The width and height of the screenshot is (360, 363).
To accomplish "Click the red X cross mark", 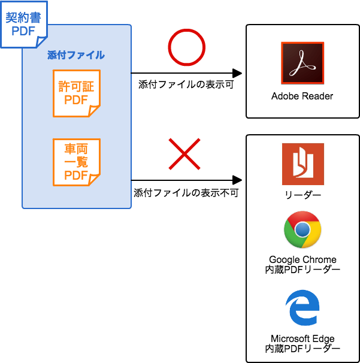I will pos(184,154).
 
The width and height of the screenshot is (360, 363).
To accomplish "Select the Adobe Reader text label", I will pos(302,96).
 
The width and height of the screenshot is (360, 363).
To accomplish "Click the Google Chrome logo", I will pos(302,229).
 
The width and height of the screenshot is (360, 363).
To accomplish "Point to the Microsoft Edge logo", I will pos(302,307).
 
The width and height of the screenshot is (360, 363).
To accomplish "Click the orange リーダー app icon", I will pos(302,164).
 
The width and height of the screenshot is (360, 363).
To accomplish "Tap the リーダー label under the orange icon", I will pos(302,196).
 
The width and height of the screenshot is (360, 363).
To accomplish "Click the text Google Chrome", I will pos(302,260).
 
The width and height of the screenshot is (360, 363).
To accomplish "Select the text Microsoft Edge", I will pos(302,339).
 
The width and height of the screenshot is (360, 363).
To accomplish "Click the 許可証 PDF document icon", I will pos(76,93).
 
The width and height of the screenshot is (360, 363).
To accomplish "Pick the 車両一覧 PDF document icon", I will pos(76,162).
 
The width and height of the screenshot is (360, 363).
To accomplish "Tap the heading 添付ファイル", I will pos(76,55).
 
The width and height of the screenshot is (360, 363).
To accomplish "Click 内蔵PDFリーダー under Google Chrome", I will pos(302,270).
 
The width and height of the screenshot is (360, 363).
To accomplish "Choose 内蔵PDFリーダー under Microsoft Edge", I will pos(302,349).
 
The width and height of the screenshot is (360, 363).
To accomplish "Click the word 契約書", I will pos(23,18).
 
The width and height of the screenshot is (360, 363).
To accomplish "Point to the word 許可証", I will pos(76,87).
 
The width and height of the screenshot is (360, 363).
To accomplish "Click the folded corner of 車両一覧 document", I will pos(94,179).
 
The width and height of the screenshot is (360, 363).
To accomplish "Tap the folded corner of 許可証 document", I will pos(94,111).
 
